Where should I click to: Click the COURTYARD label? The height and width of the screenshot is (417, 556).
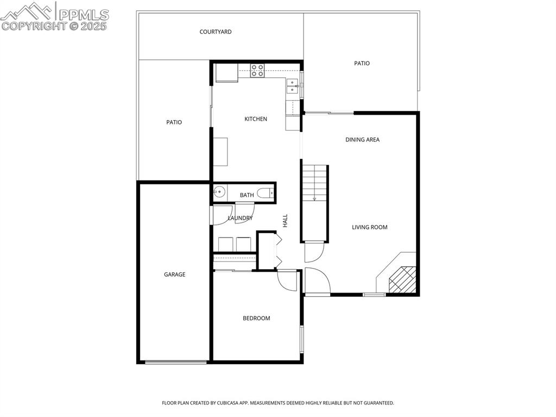(x=216, y=32)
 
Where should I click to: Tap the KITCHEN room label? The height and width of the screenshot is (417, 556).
(x=256, y=119)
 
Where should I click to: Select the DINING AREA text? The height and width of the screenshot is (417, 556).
(x=362, y=140)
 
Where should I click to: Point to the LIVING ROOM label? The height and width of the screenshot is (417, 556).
(x=370, y=227)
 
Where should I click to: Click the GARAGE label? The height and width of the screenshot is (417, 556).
(x=175, y=275)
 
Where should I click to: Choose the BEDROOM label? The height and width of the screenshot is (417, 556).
(x=256, y=319)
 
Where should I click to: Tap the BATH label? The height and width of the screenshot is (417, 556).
(x=247, y=195)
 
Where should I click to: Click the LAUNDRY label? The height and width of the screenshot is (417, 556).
(x=240, y=219)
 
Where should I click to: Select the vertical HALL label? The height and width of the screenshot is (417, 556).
(x=285, y=220)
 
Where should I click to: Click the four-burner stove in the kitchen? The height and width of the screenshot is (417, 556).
(x=257, y=70)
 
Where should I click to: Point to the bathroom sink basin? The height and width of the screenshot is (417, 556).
(x=219, y=191)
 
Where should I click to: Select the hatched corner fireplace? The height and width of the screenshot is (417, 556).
(x=402, y=279)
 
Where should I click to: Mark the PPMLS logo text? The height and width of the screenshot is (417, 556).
(x=84, y=15)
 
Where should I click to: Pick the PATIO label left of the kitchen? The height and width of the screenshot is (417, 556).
(x=174, y=123)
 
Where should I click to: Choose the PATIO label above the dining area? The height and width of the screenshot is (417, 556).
(x=362, y=64)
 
